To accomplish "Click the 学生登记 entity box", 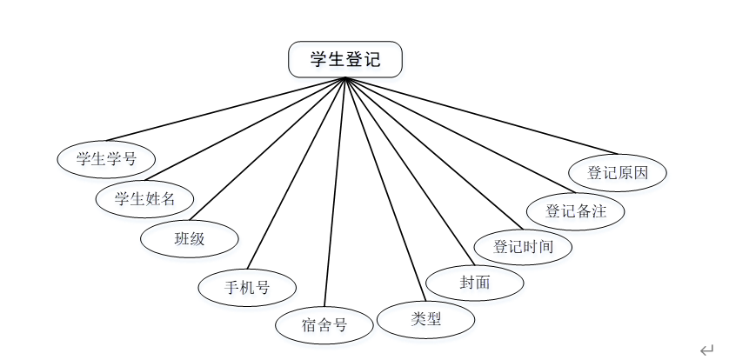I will coord(345,59).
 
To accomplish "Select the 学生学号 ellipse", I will coord(107,158).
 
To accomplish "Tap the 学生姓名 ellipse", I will coord(145,198).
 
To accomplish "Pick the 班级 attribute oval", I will coord(190,239).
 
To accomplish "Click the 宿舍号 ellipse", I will coord(324,325).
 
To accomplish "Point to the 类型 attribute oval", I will coord(426,319).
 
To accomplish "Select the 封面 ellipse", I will coord(475,282).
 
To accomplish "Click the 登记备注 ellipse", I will coord(575,210).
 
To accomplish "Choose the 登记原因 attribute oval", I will coord(618,172).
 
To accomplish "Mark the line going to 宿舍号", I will coord(336,191).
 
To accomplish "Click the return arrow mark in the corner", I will coord(706,350).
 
